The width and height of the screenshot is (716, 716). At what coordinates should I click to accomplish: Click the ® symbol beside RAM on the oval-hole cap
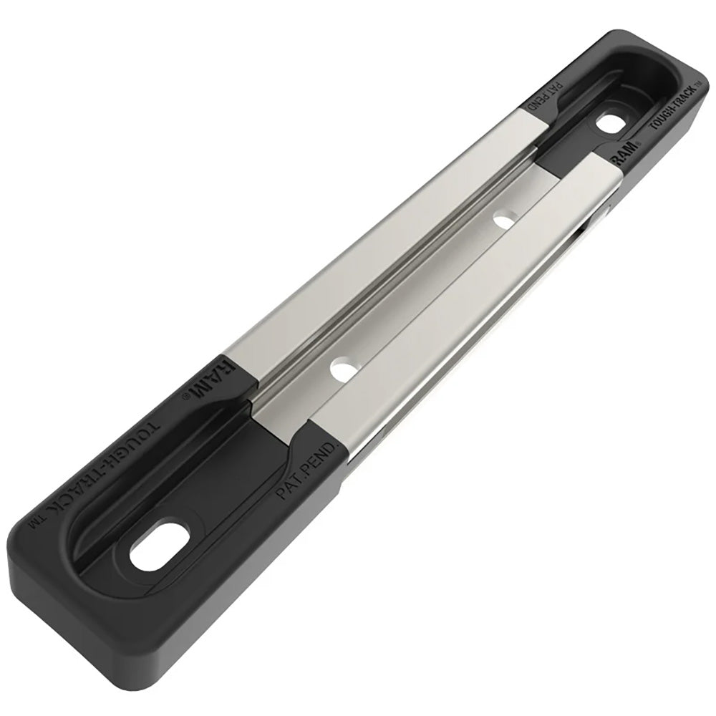click(x=188, y=393)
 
